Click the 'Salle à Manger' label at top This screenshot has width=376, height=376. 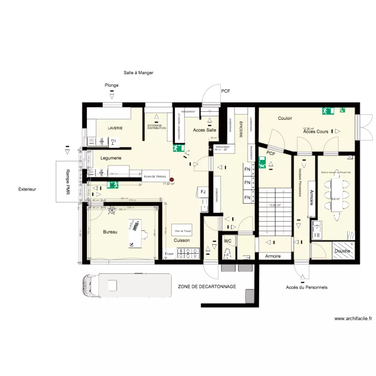tap(138, 73)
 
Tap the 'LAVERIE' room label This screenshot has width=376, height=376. tap(115, 128)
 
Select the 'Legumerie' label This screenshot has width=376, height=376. tap(111, 158)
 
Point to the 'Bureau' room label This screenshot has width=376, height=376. tap(110, 232)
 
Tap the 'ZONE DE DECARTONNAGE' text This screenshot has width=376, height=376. tap(207, 286)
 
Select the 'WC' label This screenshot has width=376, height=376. tap(228, 241)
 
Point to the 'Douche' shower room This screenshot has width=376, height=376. tap(342, 251)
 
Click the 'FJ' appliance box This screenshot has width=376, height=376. tap(203, 192)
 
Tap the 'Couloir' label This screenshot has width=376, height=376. tap(285, 118)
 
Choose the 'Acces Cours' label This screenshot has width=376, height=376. tap(316, 131)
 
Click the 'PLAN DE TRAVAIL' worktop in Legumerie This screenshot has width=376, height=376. tap(155, 176)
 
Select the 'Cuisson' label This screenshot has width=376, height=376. tap(182, 241)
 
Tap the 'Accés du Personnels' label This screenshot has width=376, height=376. tap(306, 287)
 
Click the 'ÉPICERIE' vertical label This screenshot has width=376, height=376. tap(241, 130)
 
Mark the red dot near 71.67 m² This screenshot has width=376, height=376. tap(171, 179)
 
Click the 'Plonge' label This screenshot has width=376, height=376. tap(112, 85)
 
